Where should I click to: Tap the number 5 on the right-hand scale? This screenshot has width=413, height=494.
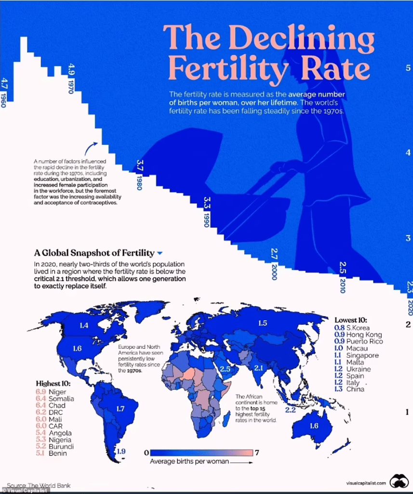pos(407,68)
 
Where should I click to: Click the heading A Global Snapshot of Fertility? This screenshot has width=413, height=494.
pos(94,253)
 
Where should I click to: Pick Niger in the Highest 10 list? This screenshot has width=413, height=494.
pos(57,392)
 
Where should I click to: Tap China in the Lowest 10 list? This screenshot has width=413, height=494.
pos(355,389)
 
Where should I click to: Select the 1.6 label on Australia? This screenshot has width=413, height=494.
pos(313,425)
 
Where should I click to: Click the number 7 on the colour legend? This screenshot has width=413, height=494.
pos(257,453)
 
